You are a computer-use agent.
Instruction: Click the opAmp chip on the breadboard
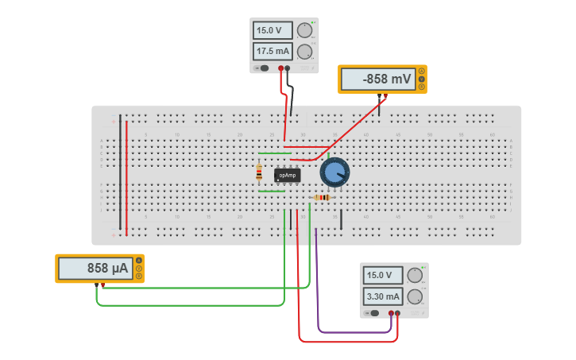pyautogui.click(x=287, y=175)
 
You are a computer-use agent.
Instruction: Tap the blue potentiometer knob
pyautogui.click(x=334, y=172)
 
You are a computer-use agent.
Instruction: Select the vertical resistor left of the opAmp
pyautogui.click(x=259, y=172)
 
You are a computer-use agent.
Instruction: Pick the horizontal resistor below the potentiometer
pyautogui.click(x=323, y=197)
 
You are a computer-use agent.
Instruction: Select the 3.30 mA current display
pyautogui.click(x=382, y=296)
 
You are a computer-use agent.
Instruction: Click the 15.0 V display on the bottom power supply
pyautogui.click(x=382, y=276)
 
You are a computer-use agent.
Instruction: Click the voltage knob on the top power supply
pyautogui.click(x=304, y=31)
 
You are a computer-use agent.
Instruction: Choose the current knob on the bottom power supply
pyautogui.click(x=414, y=296)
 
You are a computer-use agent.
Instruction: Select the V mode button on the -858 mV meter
pyautogui.click(x=421, y=79)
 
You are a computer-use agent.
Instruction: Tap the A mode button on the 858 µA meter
pyautogui.click(x=138, y=261)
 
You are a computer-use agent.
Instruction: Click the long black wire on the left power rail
pyautogui.click(x=120, y=171)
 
